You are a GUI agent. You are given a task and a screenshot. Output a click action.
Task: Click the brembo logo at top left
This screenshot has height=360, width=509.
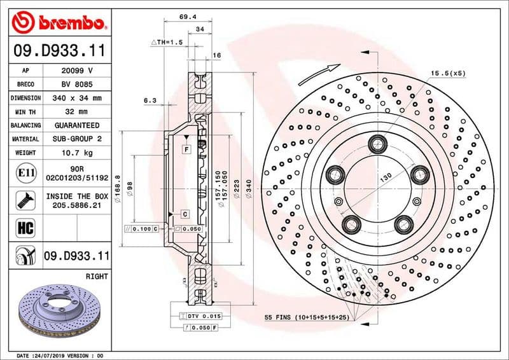[x=58, y=24]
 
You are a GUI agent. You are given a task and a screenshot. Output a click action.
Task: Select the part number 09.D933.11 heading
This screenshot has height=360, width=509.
[x=58, y=50]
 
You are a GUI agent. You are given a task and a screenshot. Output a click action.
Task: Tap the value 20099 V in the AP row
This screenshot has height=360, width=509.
[x=77, y=71]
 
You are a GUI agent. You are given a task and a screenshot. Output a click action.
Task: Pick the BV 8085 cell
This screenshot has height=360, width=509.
[x=77, y=84]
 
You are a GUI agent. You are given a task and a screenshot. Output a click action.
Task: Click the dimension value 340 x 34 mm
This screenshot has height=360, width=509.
[x=77, y=98]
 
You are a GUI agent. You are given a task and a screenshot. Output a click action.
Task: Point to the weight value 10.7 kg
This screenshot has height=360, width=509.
[x=77, y=153]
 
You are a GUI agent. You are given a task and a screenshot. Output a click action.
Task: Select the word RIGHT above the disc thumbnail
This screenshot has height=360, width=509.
[x=96, y=277]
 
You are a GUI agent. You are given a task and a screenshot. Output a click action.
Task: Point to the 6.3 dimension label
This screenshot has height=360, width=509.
[x=150, y=100]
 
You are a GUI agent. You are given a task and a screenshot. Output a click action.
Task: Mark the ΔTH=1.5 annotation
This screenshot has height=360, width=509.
[x=167, y=41]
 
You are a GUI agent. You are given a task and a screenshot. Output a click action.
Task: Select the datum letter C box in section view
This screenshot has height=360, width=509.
[x=184, y=214]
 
